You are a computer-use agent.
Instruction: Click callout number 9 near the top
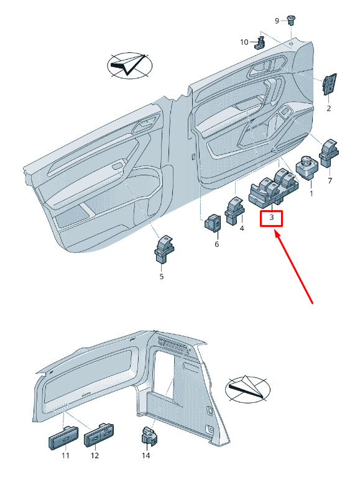point(277,21)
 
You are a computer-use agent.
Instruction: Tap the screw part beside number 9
point(290,20)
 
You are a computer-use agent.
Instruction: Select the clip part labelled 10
point(260,42)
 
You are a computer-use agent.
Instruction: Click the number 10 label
point(244,42)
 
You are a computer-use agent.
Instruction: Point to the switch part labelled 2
point(329,84)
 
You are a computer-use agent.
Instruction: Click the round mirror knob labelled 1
point(307,167)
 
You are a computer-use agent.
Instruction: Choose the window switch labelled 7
point(329,153)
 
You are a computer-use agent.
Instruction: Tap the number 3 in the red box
point(271,218)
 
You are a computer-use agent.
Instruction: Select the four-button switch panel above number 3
point(273,187)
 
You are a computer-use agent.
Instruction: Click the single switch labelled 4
point(235,211)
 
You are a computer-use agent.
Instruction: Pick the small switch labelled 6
point(213,223)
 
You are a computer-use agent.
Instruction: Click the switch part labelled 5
point(164,249)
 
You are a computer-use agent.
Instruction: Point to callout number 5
point(161,277)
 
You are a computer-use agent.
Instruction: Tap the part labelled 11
point(63,438)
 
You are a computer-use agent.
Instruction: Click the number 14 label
point(146,456)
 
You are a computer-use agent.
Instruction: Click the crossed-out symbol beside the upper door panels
point(129,66)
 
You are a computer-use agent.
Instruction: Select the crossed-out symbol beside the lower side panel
point(247,389)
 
